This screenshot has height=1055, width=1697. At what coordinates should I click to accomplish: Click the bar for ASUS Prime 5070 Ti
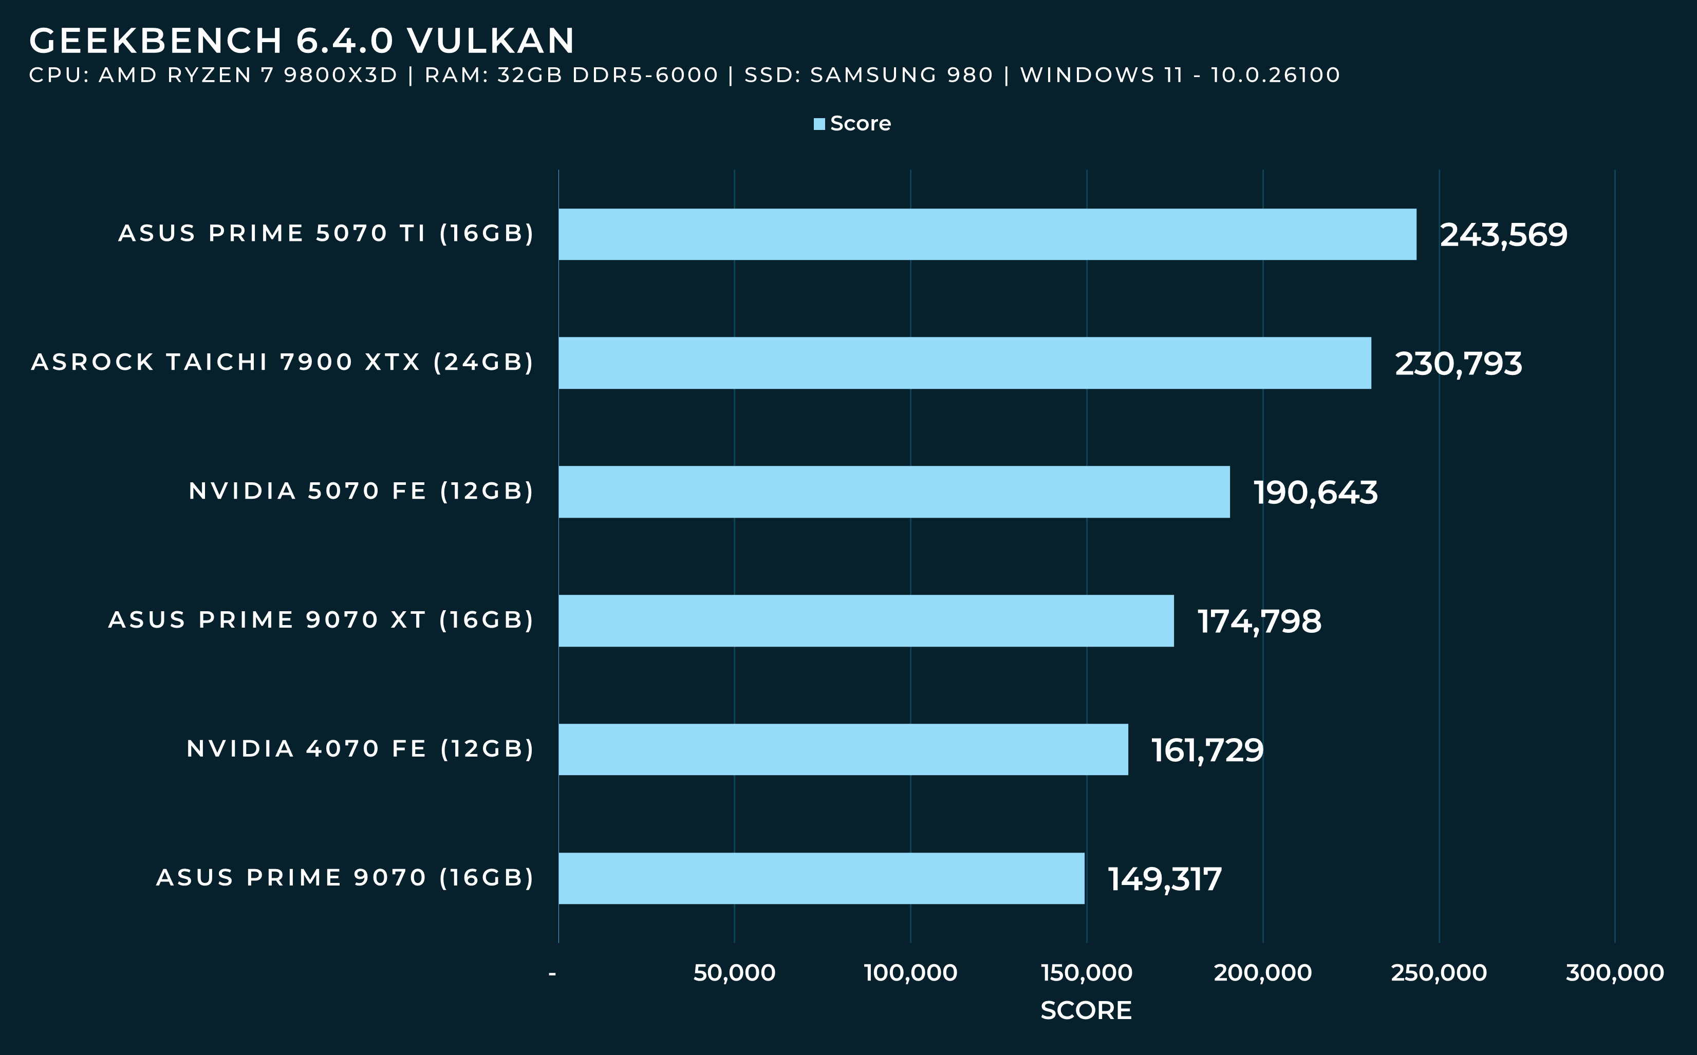point(987,234)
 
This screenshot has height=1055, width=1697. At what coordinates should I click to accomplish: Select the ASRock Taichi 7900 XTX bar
point(964,363)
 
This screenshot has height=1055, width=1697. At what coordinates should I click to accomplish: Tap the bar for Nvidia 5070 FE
point(894,492)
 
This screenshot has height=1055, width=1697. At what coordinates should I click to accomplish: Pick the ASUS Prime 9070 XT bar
point(866,621)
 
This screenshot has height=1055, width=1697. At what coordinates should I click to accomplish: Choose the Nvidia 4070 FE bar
point(843,749)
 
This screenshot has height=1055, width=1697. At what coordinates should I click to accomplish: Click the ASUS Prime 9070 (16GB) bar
point(822,878)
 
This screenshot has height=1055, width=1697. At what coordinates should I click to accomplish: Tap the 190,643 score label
point(1315,493)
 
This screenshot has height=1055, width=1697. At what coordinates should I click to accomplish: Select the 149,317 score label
point(1165,879)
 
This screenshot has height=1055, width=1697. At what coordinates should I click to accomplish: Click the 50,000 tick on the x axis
point(734,973)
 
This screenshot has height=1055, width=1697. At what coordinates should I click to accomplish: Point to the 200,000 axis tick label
point(1262,973)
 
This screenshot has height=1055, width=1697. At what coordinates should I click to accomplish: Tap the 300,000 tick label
point(1615,973)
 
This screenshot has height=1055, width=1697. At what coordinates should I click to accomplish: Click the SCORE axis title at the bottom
point(1086,1010)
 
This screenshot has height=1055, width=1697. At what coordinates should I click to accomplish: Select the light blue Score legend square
point(819,124)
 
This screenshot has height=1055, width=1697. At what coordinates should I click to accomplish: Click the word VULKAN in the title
point(491,41)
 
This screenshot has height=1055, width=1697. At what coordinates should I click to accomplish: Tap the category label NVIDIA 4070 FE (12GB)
point(360,749)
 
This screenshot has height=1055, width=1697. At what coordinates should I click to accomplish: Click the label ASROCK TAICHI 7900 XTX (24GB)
point(283,362)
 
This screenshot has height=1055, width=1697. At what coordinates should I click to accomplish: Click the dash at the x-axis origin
point(553,973)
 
